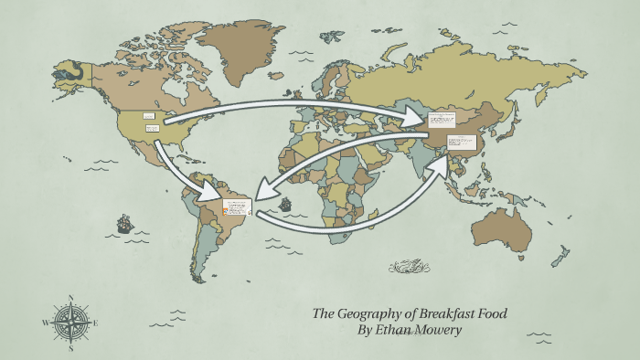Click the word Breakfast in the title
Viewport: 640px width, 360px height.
(449, 313)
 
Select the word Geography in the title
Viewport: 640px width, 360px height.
(370, 313)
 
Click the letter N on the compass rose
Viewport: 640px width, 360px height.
(70, 297)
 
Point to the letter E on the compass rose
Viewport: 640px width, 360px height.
(95, 323)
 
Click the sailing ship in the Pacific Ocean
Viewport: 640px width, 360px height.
(123, 223)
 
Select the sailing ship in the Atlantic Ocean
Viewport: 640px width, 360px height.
(285, 204)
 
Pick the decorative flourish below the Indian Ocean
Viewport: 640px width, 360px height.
(410, 267)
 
